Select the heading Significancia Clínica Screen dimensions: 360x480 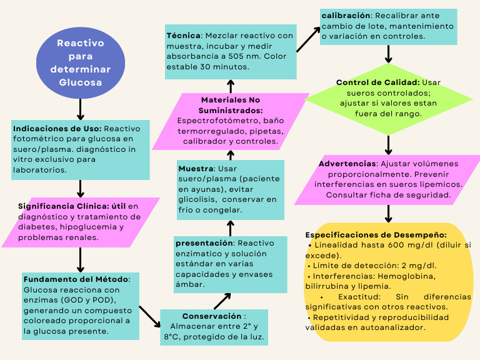click(x=63, y=206)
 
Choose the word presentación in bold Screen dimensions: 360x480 click(x=204, y=242)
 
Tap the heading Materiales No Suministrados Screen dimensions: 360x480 click(x=231, y=104)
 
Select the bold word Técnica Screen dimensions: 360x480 click(x=184, y=36)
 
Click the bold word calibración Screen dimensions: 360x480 click(x=344, y=15)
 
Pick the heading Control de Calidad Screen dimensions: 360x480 click(x=377, y=82)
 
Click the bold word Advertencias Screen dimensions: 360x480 click(x=347, y=164)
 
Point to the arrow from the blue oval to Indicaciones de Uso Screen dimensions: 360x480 click(x=81, y=110)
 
